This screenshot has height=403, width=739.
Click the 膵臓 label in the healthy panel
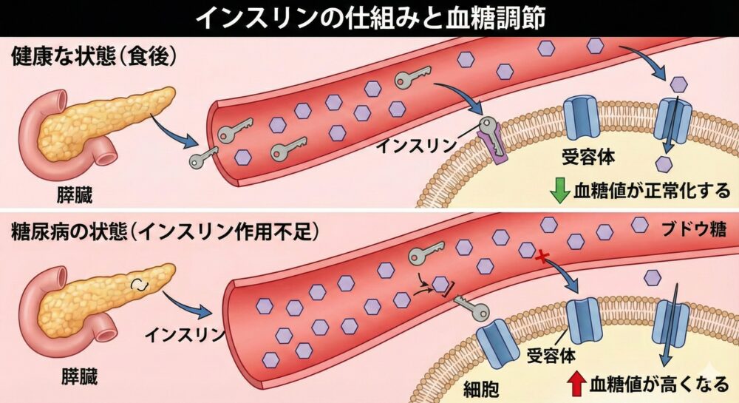[76, 195]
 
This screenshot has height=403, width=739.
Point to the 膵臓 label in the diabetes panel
[77, 379]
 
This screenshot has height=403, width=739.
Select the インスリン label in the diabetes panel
[188, 335]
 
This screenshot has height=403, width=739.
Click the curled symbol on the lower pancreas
[138, 285]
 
